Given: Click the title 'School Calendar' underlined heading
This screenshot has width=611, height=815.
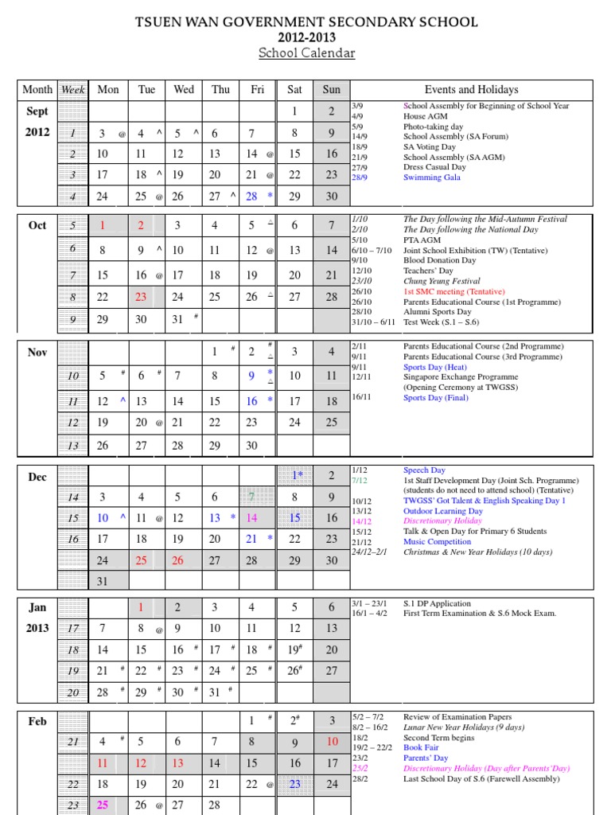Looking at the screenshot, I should [x=306, y=53].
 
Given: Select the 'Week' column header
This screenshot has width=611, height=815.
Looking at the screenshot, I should [x=72, y=90].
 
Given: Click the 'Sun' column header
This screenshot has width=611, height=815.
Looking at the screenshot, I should [x=331, y=90].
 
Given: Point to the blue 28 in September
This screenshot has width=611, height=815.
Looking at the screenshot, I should [x=251, y=196].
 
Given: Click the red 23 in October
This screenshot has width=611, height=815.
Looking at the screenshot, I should [x=141, y=297].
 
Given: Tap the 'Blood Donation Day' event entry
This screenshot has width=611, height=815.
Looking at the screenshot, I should [x=439, y=260].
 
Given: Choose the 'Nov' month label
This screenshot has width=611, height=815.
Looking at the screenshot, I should [x=37, y=353].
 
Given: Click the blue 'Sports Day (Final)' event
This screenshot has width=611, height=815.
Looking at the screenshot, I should [x=435, y=398].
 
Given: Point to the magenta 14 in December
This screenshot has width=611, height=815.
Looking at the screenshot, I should [x=251, y=517].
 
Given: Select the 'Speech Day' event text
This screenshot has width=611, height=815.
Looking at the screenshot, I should [x=424, y=470].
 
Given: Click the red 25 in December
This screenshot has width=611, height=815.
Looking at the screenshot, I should [x=141, y=560].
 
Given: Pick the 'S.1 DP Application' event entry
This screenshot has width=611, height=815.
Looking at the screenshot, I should [x=437, y=603].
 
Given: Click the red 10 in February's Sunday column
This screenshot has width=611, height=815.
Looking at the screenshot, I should [x=332, y=742].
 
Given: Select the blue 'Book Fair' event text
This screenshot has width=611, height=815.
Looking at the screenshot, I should [x=421, y=748].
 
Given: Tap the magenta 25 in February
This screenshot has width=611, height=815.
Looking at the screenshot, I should [x=103, y=805].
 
